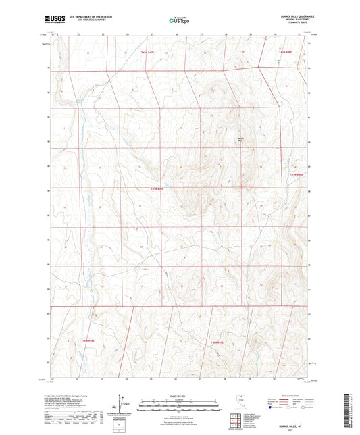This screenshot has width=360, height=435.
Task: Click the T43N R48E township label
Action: click(286, 51)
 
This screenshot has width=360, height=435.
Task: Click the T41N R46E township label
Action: click(88, 341)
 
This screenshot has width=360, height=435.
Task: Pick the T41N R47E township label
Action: click(216, 342)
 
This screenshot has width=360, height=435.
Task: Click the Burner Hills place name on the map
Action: click(239, 140)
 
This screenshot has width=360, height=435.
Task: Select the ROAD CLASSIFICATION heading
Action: click(292, 396)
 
